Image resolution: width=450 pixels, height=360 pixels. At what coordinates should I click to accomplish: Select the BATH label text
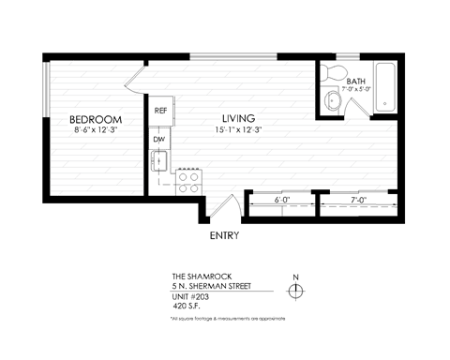point(356,82)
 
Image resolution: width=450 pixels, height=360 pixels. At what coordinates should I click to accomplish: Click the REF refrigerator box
point(161,111)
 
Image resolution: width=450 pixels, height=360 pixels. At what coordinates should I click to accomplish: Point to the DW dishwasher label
point(159,140)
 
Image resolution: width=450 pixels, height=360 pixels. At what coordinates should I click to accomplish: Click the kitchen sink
point(160,161)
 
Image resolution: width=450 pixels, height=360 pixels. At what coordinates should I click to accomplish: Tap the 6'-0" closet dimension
point(280,201)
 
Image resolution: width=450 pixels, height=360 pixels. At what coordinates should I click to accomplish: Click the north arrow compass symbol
point(296,291)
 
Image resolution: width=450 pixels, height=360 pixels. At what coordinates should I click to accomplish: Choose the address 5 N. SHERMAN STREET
point(217,285)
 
